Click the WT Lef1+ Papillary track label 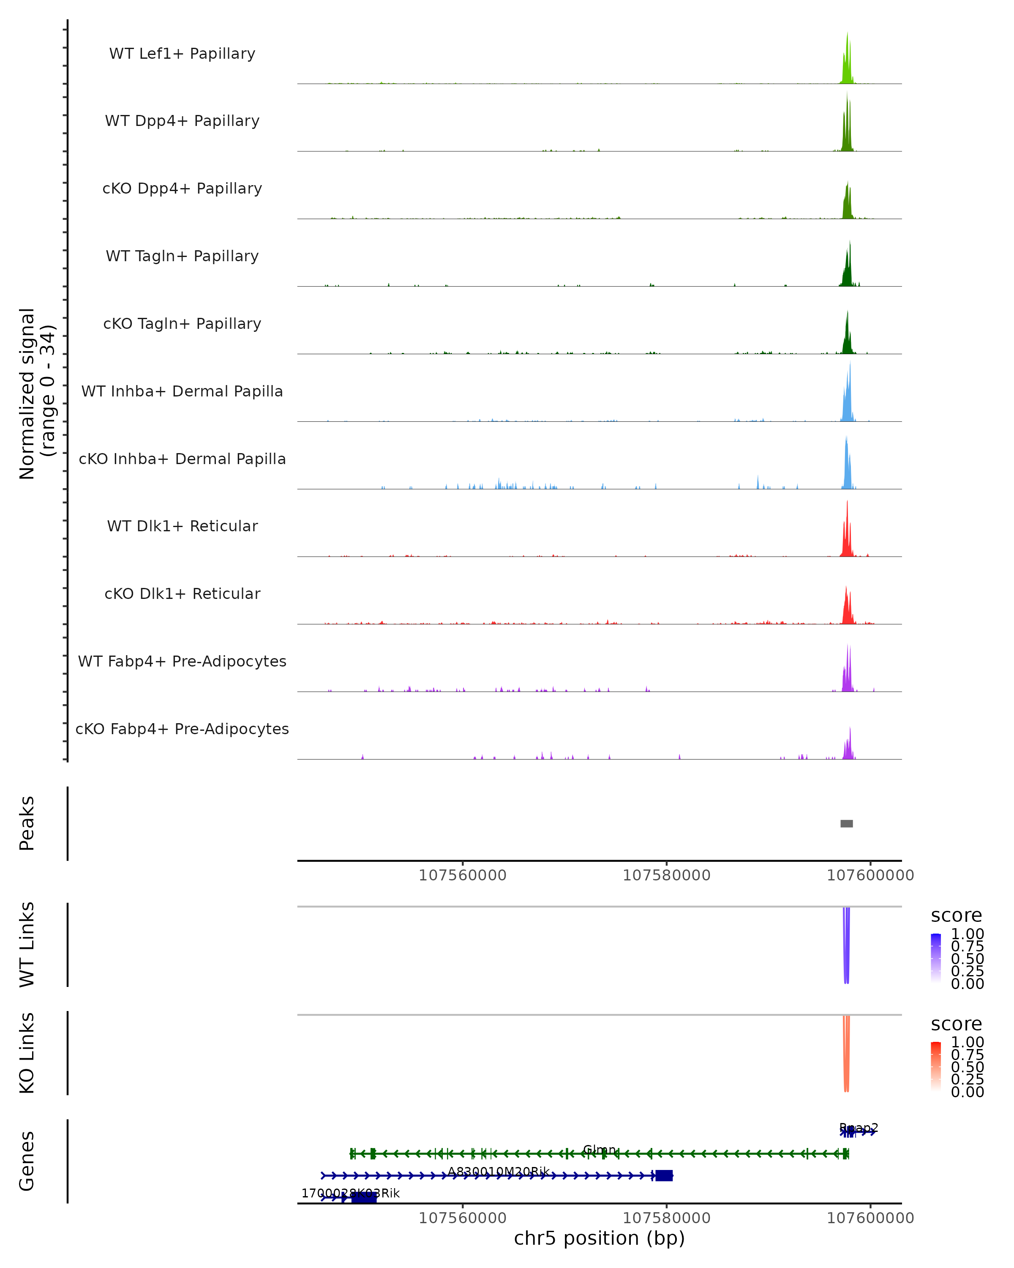tap(182, 54)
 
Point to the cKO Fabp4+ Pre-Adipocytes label tap(182, 729)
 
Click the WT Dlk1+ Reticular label tap(182, 526)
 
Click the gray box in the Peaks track tap(846, 823)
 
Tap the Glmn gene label tap(600, 1150)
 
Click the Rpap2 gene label tap(859, 1128)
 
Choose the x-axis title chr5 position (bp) tap(599, 1238)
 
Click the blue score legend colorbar tap(936, 957)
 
